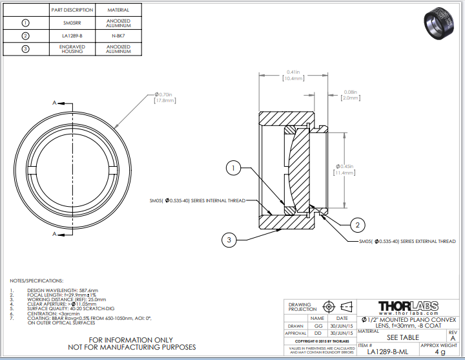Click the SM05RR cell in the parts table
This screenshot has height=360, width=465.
(72, 22)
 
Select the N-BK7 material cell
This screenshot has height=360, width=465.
(118, 36)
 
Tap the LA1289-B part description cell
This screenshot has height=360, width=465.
(72, 36)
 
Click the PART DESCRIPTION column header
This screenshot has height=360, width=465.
(72, 10)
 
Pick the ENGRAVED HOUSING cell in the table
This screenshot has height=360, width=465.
(72, 49)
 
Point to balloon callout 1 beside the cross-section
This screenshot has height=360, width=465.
(234, 169)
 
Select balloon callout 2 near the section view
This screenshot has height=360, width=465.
(356, 225)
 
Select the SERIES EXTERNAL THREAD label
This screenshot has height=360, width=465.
(407, 241)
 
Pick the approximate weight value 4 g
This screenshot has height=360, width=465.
(440, 352)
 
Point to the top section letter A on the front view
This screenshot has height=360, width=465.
(55, 102)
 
